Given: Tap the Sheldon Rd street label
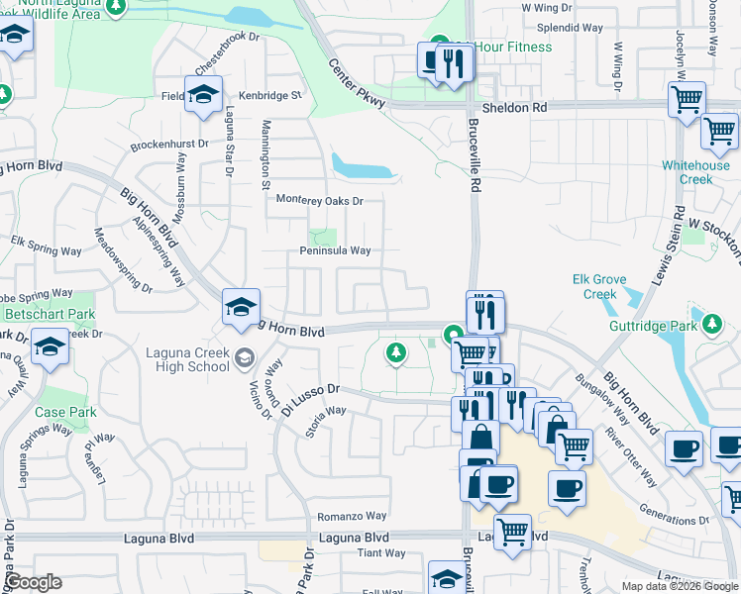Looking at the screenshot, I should click(x=514, y=107).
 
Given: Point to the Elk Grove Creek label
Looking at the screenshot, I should click(x=599, y=286).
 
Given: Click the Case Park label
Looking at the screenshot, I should click(x=64, y=412).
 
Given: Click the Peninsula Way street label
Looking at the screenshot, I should click(x=335, y=250).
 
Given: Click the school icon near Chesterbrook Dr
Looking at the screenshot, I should click(x=203, y=94).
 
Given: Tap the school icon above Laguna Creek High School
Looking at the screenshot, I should click(x=241, y=306).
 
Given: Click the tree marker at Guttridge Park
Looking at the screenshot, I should click(x=710, y=323).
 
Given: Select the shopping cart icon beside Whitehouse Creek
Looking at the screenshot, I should click(x=719, y=130).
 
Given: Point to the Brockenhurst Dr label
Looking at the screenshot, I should click(x=170, y=144).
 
